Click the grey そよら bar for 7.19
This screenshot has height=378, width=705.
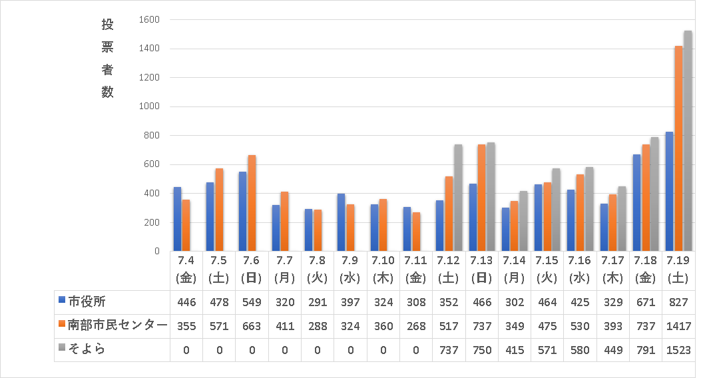click(688, 141)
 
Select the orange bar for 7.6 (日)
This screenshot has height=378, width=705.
click(252, 203)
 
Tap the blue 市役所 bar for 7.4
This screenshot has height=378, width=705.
click(177, 219)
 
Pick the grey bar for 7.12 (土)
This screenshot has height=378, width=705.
click(458, 198)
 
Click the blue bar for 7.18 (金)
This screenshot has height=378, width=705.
click(636, 202)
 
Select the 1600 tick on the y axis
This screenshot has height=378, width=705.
click(150, 20)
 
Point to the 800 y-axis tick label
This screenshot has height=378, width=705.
click(152, 136)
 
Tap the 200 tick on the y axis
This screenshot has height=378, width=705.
click(152, 222)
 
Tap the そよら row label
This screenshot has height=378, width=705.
click(87, 349)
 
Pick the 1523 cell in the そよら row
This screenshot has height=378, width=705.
click(678, 350)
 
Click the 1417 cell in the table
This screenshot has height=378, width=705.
click(678, 326)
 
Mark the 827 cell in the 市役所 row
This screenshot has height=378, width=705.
click(678, 302)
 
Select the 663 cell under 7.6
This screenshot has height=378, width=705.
click(252, 326)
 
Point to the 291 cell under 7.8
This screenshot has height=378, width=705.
click(318, 302)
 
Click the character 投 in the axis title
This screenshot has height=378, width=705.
click(108, 25)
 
